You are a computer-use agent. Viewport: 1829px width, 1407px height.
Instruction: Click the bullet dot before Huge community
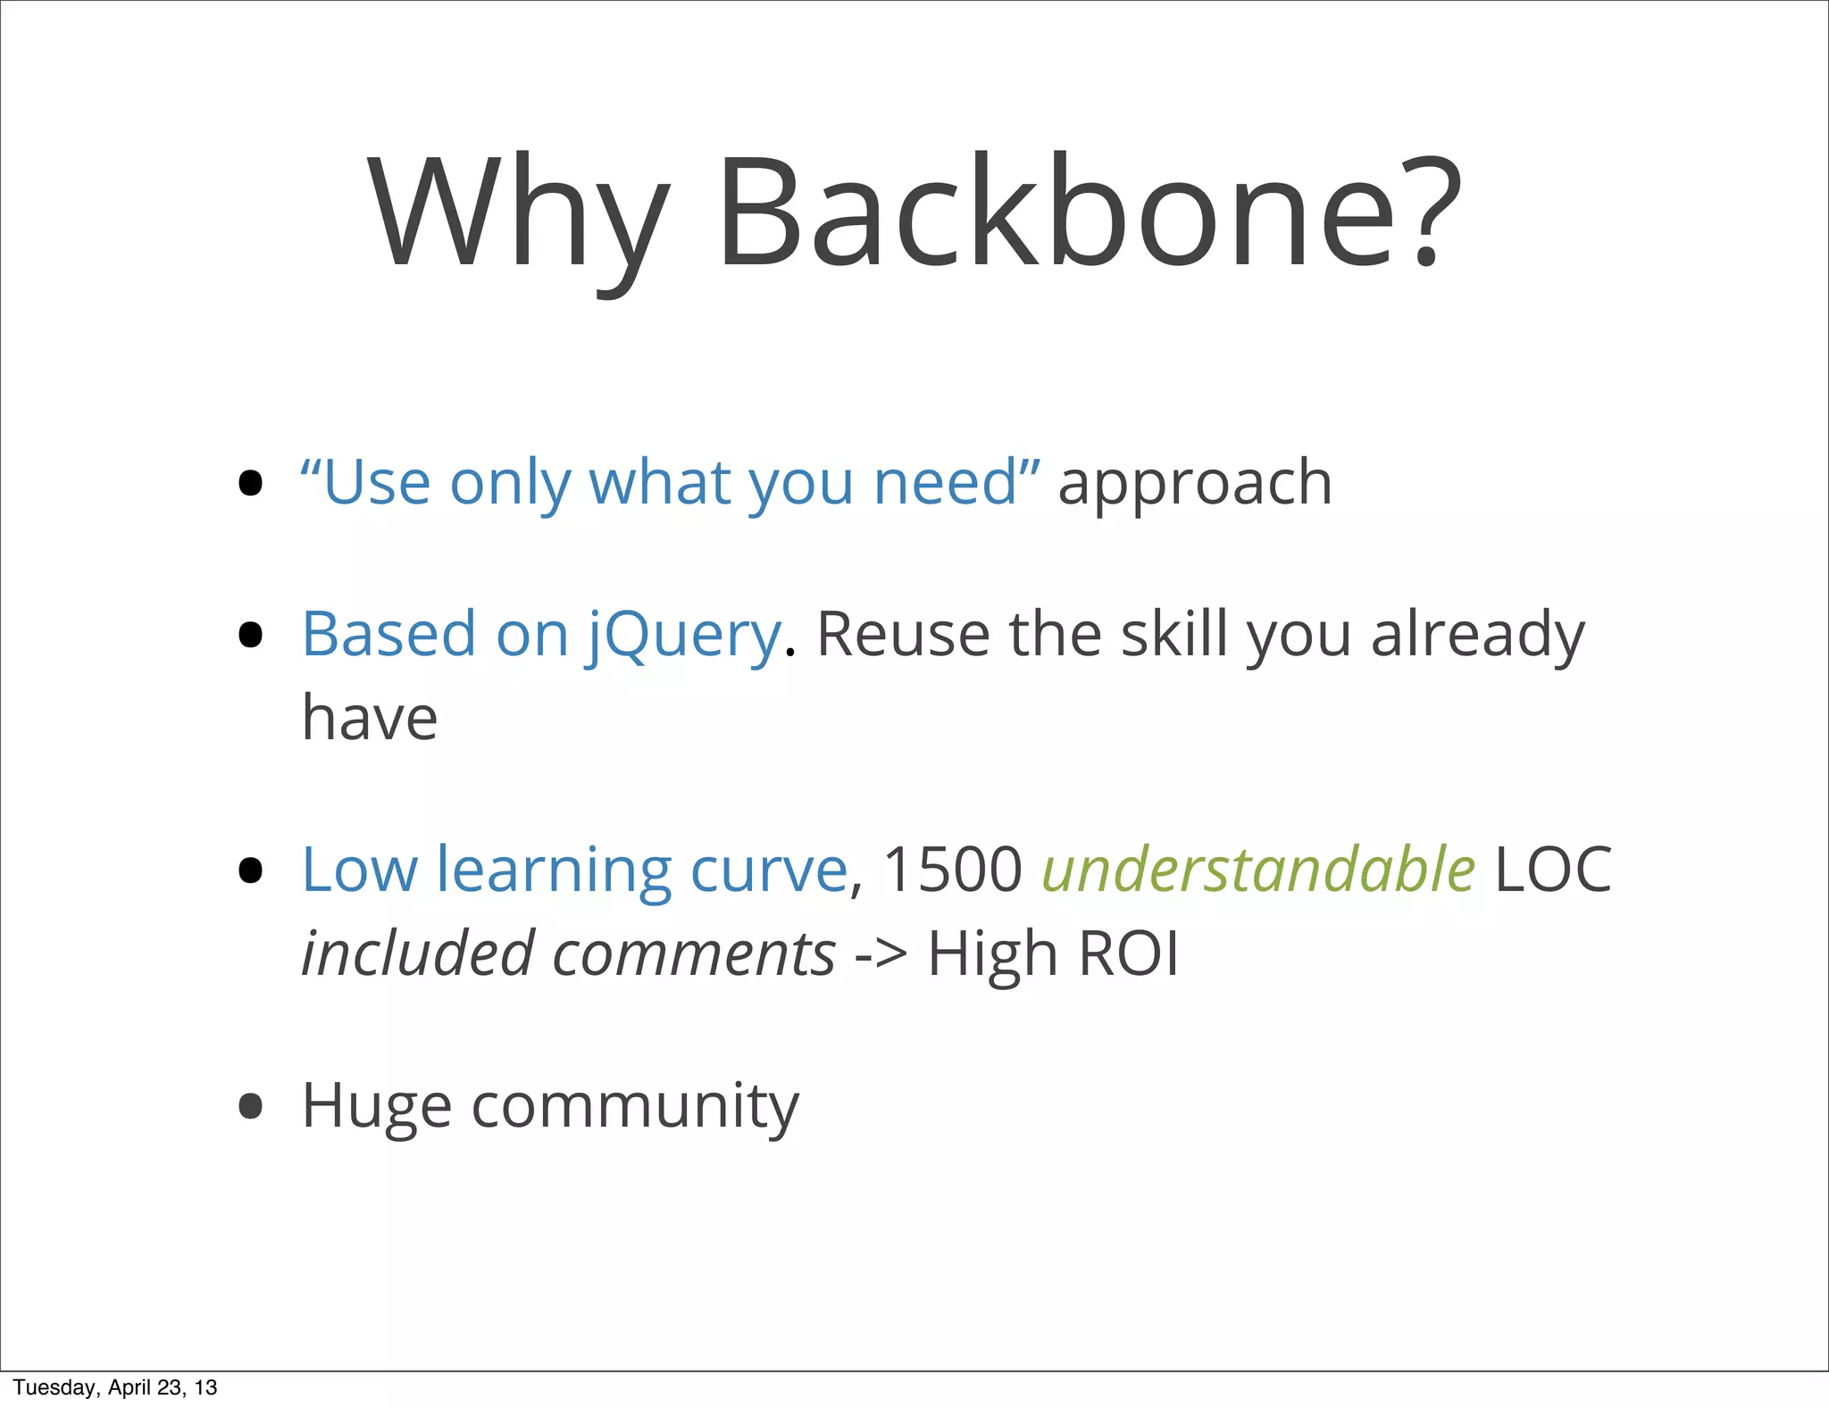click(x=251, y=1106)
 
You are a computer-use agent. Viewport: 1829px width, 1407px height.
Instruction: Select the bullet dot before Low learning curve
click(x=251, y=870)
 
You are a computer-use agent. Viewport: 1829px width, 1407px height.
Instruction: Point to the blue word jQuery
click(x=684, y=636)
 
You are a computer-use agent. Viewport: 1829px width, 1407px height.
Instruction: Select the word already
click(x=1477, y=636)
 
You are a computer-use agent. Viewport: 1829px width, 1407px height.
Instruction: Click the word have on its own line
click(x=370, y=718)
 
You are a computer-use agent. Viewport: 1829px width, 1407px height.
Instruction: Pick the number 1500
click(x=951, y=870)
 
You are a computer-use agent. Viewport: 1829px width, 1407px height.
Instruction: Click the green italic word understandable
click(x=1257, y=870)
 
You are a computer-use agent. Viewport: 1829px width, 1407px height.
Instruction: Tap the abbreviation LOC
click(x=1552, y=870)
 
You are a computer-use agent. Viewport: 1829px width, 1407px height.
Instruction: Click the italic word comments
click(x=694, y=954)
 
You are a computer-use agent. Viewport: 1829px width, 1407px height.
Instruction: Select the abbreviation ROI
click(x=1128, y=954)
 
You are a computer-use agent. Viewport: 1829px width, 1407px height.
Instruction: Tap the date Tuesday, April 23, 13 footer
click(x=115, y=1387)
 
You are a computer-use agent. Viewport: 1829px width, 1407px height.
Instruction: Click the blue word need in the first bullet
click(x=945, y=483)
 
